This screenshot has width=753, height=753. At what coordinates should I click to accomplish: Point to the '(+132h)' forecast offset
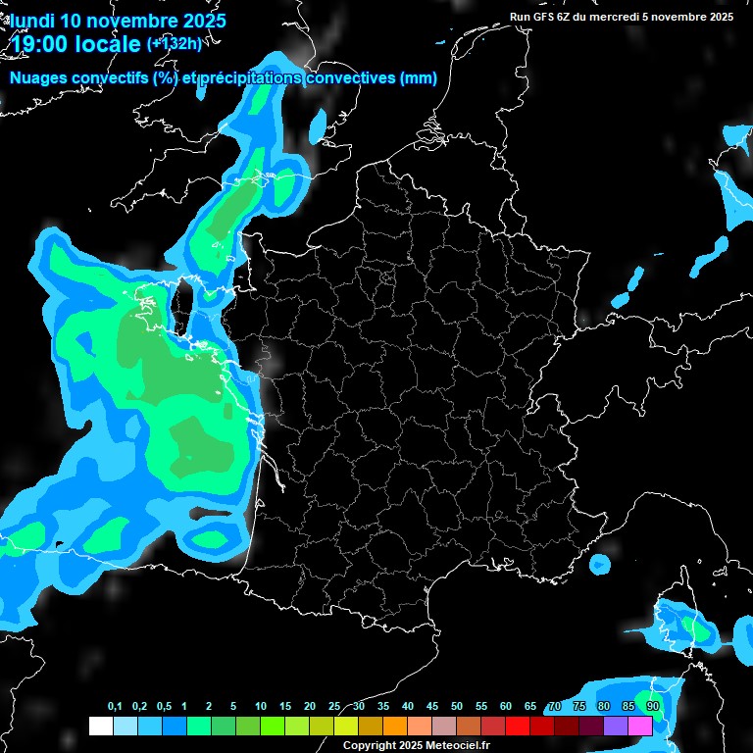175,43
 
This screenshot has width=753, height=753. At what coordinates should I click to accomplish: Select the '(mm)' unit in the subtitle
419,78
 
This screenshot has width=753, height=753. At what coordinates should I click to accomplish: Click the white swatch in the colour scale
100,726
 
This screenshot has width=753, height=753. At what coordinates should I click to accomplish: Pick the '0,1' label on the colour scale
115,707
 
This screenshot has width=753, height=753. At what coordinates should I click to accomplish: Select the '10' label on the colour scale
261,707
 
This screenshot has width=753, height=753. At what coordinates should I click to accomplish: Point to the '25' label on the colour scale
334,707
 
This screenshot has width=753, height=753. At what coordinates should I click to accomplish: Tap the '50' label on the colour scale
457,707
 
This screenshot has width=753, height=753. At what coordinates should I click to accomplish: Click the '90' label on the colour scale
652,707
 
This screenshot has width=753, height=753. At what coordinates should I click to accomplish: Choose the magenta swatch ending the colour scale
640,726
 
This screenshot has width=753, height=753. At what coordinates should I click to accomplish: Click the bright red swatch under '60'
518,726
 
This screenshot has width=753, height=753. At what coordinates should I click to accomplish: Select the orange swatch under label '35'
394,726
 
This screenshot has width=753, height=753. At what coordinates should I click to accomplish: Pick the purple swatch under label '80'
616,726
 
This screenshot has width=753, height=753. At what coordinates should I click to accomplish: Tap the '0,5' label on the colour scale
164,707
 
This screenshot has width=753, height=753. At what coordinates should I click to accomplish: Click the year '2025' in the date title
202,20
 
